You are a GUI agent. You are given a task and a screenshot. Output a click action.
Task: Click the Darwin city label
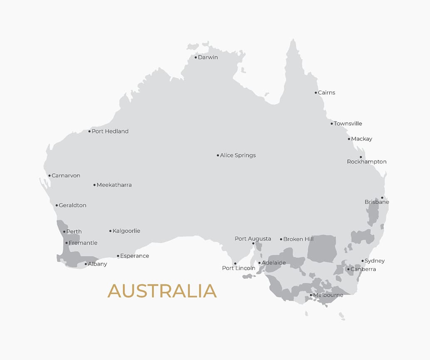click(x=208, y=57)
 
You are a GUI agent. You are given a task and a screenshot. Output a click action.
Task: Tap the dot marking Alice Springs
click(x=218, y=156)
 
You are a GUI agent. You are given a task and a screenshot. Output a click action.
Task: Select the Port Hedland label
click(x=110, y=132)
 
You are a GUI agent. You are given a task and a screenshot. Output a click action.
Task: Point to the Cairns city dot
click(x=316, y=93)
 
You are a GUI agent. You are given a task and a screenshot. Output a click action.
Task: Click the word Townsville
click(x=348, y=124)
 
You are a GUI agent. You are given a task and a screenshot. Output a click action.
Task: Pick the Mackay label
click(x=361, y=139)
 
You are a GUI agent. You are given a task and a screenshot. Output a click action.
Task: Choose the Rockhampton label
click(x=366, y=162)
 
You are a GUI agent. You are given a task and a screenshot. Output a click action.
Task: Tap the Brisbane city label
click(x=377, y=202)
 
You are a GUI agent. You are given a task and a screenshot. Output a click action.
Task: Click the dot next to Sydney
click(x=362, y=261)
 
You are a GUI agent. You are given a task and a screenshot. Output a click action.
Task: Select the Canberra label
click(x=363, y=269)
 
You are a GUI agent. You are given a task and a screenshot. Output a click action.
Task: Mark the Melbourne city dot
click(x=311, y=295)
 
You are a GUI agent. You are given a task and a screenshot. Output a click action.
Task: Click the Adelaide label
click(x=274, y=263)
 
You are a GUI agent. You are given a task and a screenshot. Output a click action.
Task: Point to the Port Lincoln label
click(x=238, y=268)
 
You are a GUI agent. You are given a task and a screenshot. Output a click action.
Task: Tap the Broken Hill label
click(x=298, y=239)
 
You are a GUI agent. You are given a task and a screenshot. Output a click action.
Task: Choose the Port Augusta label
click(x=252, y=239)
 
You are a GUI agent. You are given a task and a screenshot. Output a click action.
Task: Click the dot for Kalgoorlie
click(x=111, y=231)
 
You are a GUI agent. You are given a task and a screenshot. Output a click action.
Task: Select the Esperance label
click(x=134, y=256)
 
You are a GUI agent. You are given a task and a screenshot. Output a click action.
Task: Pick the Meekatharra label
click(x=114, y=185)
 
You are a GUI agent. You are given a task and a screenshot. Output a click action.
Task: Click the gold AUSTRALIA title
click(x=162, y=291)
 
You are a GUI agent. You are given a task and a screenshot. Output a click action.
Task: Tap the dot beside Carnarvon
click(x=49, y=176)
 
